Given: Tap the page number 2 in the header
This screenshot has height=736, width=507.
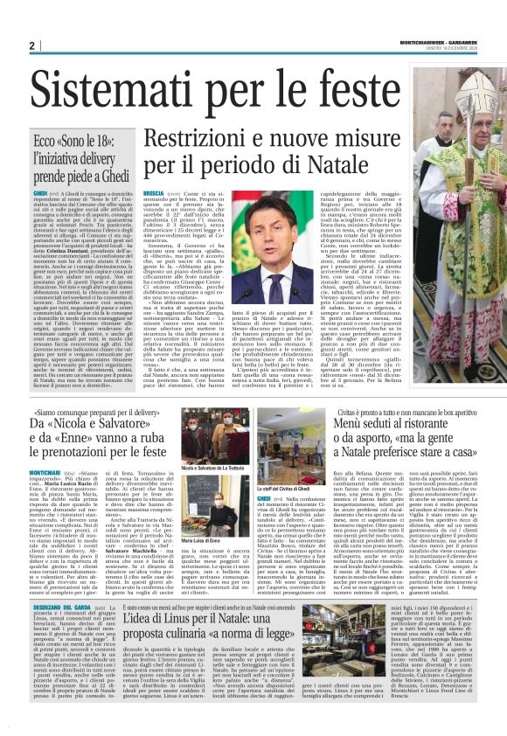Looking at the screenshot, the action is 31,45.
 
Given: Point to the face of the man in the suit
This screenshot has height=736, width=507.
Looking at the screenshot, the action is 272,230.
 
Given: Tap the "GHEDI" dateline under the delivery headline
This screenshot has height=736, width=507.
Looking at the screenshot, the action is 40,191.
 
